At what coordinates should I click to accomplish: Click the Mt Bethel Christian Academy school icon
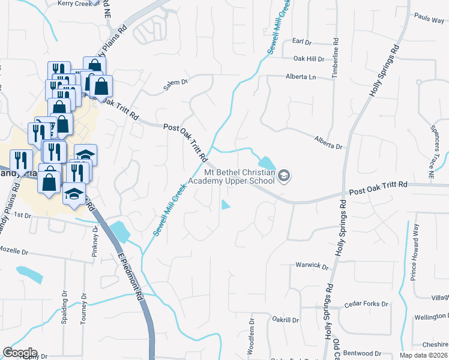(285, 176)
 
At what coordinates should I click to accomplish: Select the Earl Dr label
(302, 42)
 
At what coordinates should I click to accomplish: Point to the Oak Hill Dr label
(309, 59)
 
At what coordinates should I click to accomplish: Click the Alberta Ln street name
(301, 77)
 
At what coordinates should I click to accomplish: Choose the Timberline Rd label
(335, 59)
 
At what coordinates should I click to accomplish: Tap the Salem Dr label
(176, 85)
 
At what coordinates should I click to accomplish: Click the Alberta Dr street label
(328, 142)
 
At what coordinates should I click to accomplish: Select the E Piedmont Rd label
(130, 277)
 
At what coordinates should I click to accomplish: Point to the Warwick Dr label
(313, 265)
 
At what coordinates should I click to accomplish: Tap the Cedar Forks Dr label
(366, 304)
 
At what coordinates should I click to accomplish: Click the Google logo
(20, 352)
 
